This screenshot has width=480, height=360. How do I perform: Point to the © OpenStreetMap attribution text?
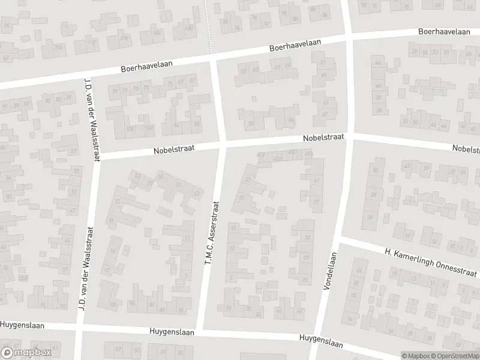(455, 355)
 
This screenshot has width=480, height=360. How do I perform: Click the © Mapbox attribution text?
(415, 355)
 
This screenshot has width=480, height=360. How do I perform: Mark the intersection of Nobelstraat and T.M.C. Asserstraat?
(221, 146)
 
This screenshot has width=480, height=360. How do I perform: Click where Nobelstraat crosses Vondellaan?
(350, 137)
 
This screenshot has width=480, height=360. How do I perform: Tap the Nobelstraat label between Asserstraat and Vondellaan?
(323, 137)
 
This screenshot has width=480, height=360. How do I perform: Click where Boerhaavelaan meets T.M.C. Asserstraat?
(214, 59)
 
